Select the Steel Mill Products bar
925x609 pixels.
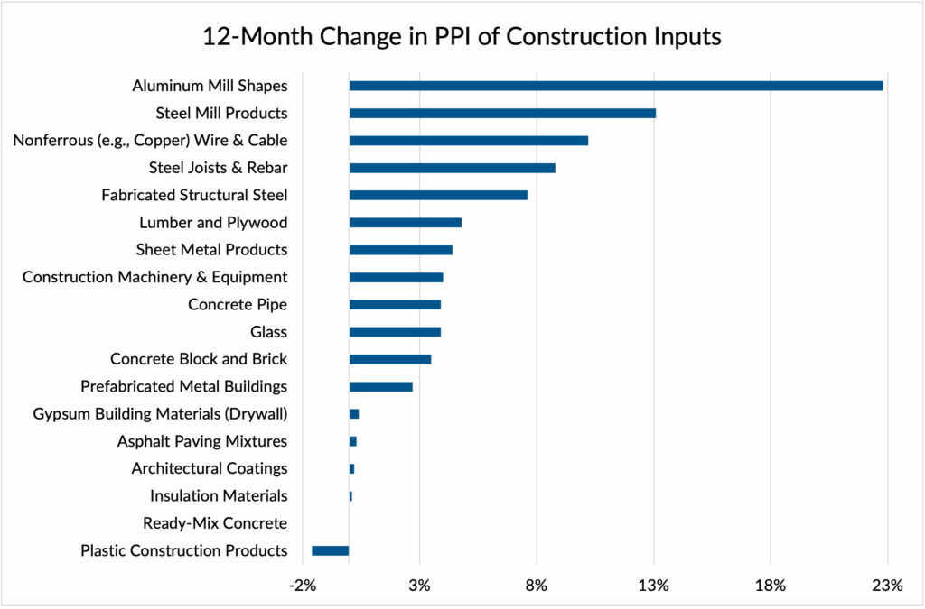pyautogui.click(x=502, y=113)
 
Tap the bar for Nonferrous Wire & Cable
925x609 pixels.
pyautogui.click(x=469, y=141)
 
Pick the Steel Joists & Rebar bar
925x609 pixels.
pyautogui.click(x=452, y=168)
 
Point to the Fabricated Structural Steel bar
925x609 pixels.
pyautogui.click(x=438, y=195)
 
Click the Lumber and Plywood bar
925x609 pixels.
pyautogui.click(x=406, y=223)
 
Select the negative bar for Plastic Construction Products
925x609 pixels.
pyautogui.click(x=331, y=550)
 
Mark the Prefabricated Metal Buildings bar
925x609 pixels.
pyautogui.click(x=381, y=386)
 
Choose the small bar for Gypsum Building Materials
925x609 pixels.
pyautogui.click(x=354, y=414)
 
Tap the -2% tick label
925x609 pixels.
pyautogui.click(x=303, y=586)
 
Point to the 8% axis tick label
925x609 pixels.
pyautogui.click(x=537, y=586)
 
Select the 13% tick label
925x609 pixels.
pyautogui.click(x=653, y=586)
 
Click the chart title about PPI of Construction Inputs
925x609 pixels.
pyautogui.click(x=462, y=38)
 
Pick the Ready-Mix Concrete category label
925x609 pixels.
pyautogui.click(x=215, y=523)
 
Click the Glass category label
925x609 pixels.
pyautogui.click(x=268, y=332)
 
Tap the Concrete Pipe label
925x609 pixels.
pyautogui.click(x=238, y=304)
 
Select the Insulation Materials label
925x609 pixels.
pyautogui.click(x=219, y=495)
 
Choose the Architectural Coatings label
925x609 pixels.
pyautogui.click(x=210, y=468)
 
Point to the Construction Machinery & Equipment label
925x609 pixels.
pyautogui.click(x=155, y=277)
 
